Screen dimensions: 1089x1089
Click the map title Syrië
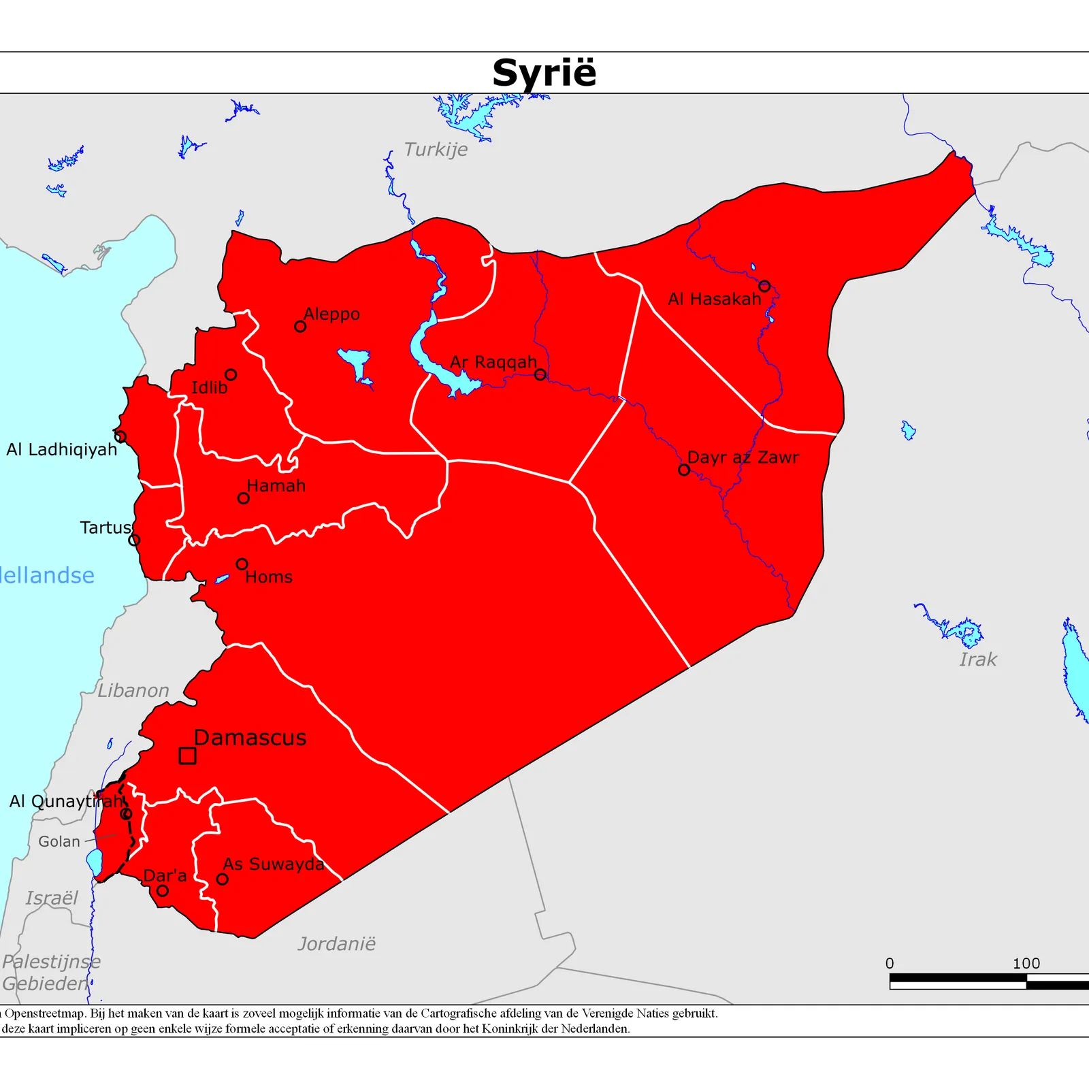tap(544, 73)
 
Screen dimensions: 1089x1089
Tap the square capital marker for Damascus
tap(187, 755)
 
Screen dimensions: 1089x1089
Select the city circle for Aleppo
tap(300, 327)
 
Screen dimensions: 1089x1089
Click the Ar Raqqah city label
tap(493, 362)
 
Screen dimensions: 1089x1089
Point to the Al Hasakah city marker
tap(764, 287)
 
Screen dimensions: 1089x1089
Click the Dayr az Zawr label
tap(743, 457)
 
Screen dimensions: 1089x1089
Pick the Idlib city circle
tap(231, 375)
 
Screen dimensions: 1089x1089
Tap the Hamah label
tap(276, 486)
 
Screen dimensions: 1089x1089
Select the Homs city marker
tap(242, 564)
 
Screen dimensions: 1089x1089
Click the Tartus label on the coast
tap(105, 527)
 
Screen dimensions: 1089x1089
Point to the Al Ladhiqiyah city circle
tap(120, 437)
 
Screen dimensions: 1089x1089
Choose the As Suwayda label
tap(274, 864)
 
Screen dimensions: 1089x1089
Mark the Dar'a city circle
tap(162, 891)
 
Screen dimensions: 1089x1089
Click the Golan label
tap(59, 842)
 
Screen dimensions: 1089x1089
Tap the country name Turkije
tap(436, 150)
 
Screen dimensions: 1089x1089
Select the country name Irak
tap(978, 660)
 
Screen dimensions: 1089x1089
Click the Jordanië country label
tap(336, 944)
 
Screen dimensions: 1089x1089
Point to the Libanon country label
tap(133, 691)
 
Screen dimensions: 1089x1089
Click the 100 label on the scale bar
tap(1026, 964)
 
